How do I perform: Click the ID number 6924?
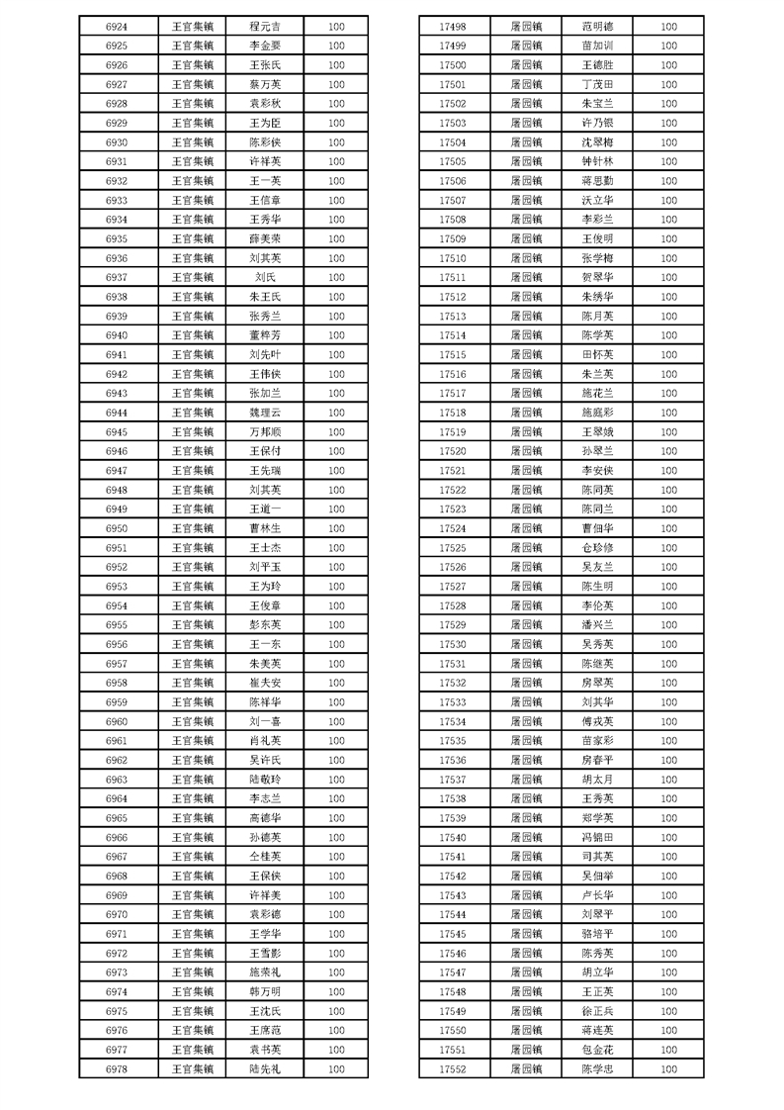(x=116, y=27)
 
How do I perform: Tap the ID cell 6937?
(x=116, y=278)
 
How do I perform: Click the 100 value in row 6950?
(x=336, y=529)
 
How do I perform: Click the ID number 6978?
(x=116, y=1069)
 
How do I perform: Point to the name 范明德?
(x=597, y=27)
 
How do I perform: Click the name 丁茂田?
(x=597, y=84)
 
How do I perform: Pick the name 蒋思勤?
(x=597, y=181)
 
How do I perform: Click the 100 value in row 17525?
(x=669, y=548)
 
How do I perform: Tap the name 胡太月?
(x=597, y=780)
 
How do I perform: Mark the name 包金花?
(x=597, y=1050)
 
